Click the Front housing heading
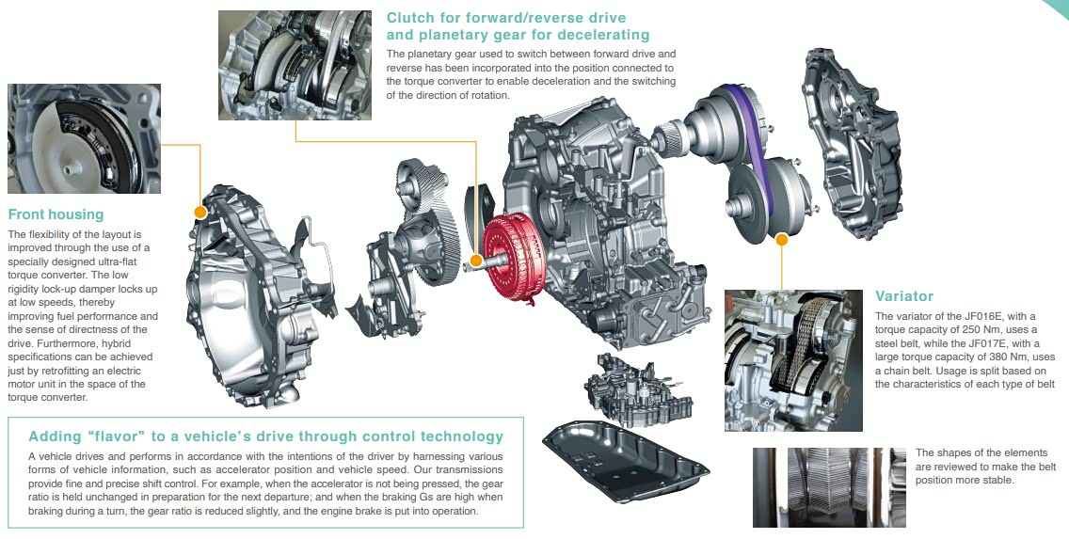click(56, 214)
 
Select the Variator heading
click(904, 296)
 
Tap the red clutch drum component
click(517, 258)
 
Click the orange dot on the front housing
click(199, 212)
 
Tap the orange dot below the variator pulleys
click(782, 239)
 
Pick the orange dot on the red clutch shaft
click(476, 260)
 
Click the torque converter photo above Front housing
click(84, 138)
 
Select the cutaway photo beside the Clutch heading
click(295, 66)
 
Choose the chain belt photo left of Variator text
click(793, 360)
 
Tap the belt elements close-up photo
click(829, 487)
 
